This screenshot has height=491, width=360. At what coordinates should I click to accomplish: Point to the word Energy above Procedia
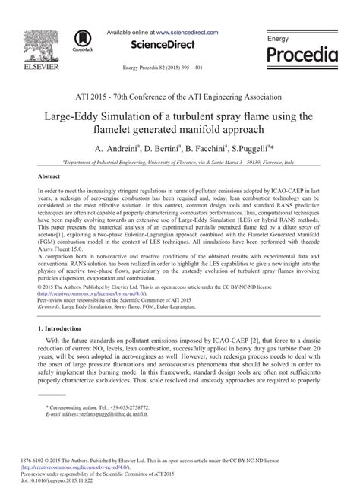coord(279,38)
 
